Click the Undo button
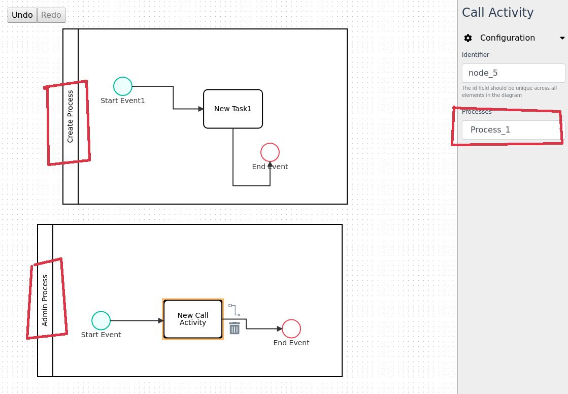pos(22,15)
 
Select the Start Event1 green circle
pos(123,86)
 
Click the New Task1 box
pos(233,109)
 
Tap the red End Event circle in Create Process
pos(270,152)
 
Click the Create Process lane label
pos(71,116)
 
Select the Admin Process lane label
pos(45,301)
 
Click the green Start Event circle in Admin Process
pos(101,321)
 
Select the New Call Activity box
pos(193,319)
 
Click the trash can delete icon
pos(235,329)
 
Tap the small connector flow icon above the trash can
pos(234,310)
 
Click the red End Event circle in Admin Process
pos(291,329)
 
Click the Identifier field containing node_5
pos(513,73)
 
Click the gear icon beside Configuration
pos(468,38)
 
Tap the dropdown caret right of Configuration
pos(562,38)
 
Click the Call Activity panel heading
pos(497,13)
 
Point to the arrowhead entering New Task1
pos(201,109)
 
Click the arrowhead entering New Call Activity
pos(161,321)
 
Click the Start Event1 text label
pos(123,101)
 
